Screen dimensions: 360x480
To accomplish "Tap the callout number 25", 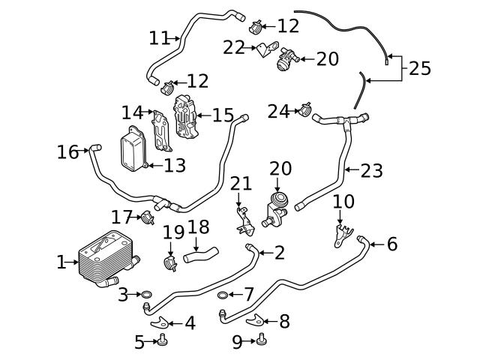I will click(419, 69).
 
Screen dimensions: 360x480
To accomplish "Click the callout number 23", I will click(371, 171).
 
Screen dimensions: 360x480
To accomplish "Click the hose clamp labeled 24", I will click(304, 111).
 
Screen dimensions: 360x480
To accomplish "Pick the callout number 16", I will click(67, 152).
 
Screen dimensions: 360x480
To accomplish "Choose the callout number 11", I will click(159, 37).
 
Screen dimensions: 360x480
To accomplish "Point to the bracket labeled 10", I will click(340, 235).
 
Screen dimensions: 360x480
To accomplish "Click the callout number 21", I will click(241, 184).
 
